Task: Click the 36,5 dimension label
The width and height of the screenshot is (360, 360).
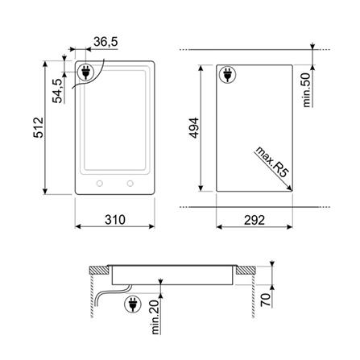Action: coord(106,42)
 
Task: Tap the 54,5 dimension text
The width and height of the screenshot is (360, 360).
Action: coord(57,91)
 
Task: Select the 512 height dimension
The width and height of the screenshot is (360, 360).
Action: coord(38,127)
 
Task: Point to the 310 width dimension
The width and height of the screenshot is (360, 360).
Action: coord(115,220)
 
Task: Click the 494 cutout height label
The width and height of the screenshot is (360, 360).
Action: coord(194,128)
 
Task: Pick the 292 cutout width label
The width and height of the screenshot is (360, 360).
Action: coord(254,220)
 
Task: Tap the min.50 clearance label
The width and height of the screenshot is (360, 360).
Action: coord(306,90)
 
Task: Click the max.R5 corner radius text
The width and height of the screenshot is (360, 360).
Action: coord(271,162)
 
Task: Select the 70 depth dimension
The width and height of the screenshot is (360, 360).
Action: coord(265,300)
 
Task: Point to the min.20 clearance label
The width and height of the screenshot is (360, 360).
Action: coord(155,317)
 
